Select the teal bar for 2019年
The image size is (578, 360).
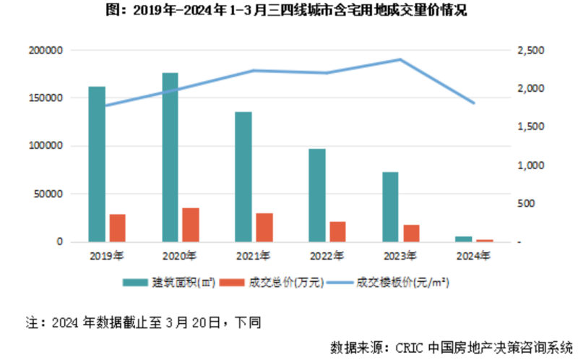click(x=97, y=164)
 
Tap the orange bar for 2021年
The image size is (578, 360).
click(x=264, y=227)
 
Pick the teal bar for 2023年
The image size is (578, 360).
click(x=390, y=206)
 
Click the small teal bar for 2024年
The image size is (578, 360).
click(x=463, y=239)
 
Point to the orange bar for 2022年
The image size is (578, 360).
click(x=337, y=231)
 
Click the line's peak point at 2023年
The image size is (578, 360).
click(x=400, y=59)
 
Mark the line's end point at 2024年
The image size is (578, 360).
click(x=473, y=103)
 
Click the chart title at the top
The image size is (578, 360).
click(x=289, y=11)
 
